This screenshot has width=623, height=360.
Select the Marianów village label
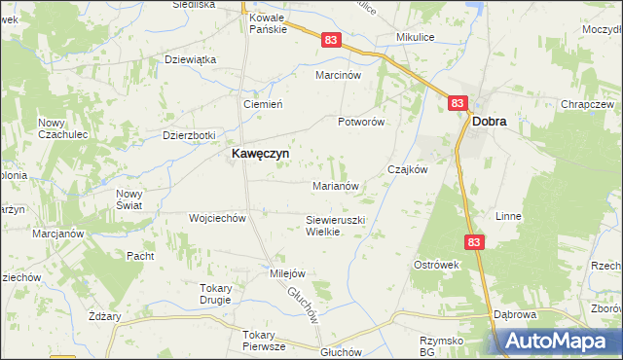337,185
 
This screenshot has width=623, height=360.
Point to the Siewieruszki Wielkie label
335,226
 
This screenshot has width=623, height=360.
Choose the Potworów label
362,122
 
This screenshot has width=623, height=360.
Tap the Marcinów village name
338,74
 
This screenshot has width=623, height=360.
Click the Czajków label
408,168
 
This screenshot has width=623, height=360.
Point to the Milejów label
288,273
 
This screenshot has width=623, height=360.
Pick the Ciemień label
262,104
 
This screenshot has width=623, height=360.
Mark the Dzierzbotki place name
189,135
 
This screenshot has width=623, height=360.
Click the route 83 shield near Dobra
458,102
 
